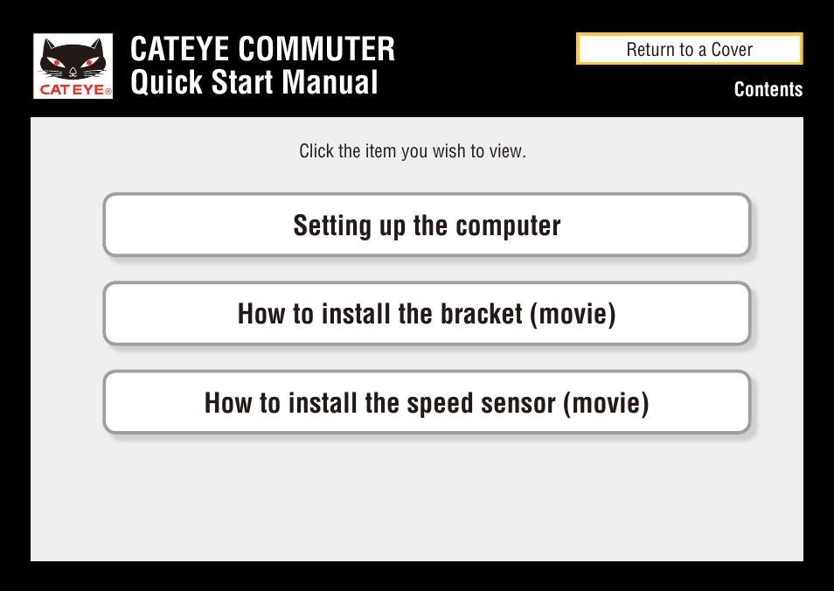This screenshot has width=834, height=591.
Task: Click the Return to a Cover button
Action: point(690,48)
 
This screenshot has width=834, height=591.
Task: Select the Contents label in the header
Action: point(768,89)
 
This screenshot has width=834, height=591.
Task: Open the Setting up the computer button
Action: point(427,225)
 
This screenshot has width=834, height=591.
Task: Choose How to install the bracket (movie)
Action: point(427,313)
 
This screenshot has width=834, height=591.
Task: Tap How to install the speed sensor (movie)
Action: point(427,402)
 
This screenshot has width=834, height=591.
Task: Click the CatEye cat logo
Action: point(73,66)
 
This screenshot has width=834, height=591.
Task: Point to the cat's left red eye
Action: point(58,63)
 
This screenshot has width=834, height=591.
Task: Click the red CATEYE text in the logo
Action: point(75,90)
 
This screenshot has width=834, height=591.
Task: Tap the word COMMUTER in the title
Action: point(316,49)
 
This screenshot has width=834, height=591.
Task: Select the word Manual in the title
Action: point(330,82)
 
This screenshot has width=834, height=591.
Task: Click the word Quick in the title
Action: point(166,82)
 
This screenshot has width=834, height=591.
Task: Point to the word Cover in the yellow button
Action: point(732,50)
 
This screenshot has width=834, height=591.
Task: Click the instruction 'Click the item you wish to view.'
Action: point(413,151)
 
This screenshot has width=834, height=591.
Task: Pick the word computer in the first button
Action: point(508,226)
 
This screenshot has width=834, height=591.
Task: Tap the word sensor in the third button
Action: point(518,403)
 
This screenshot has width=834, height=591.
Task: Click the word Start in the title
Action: point(242,82)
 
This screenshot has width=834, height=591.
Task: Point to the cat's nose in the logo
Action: point(73,70)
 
